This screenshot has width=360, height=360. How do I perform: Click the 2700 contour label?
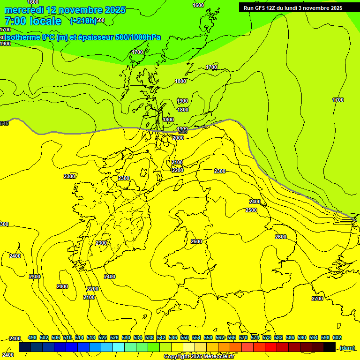pyautogui.click(x=317, y=299)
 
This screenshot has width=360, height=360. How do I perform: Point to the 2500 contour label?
pyautogui.click(x=251, y=210)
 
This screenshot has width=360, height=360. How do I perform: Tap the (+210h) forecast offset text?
pyautogui.click(x=83, y=21)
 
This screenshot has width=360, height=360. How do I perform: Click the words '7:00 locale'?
pyautogui.click(x=33, y=21)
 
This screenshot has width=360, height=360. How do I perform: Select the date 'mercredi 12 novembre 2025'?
pyautogui.click(x=65, y=10)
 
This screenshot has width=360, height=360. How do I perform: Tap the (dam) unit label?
pyautogui.click(x=347, y=347)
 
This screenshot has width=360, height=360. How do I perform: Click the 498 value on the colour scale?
pyautogui.click(x=32, y=337)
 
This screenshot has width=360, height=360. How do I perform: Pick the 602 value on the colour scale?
pyautogui.click(x=337, y=337)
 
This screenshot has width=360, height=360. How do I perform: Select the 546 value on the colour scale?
pyautogui.click(x=173, y=337)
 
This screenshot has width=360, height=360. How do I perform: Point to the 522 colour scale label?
pyautogui.click(x=103, y=337)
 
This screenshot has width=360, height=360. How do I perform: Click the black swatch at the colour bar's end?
pyautogui.click(x=330, y=347)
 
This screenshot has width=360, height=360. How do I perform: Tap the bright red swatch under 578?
pyautogui.click(x=270, y=347)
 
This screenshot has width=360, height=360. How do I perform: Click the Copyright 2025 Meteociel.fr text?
pyautogui.click(x=199, y=357)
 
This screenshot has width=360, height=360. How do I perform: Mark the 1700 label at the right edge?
pyautogui.click(x=337, y=100)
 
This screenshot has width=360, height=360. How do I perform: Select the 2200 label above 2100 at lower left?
pyautogui.click(x=93, y=289)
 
